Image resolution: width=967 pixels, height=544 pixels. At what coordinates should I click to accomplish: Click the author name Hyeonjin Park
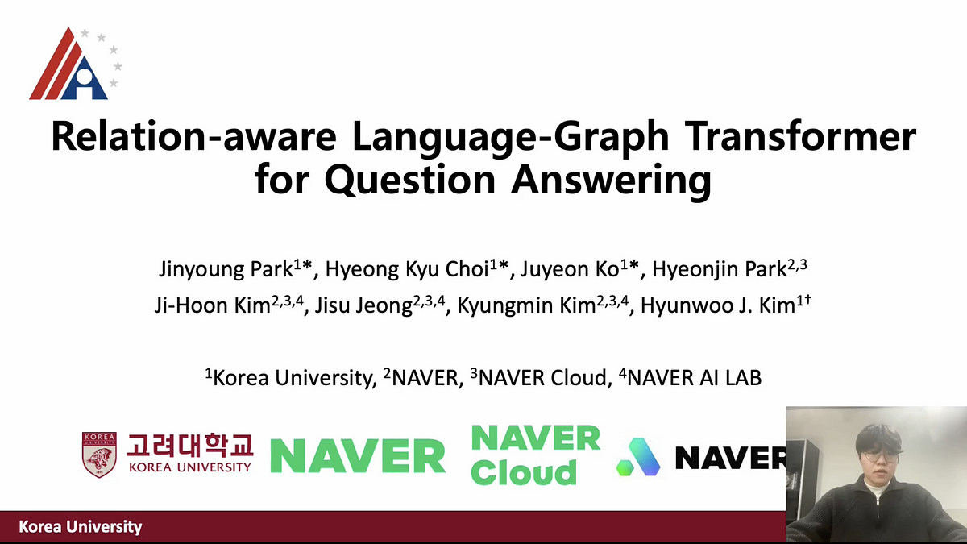point(717,270)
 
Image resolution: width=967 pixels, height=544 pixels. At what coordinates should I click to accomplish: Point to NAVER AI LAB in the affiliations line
point(693,376)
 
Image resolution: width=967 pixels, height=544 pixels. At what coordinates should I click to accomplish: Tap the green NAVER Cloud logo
point(535,455)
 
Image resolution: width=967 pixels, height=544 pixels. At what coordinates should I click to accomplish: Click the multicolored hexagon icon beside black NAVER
point(638,457)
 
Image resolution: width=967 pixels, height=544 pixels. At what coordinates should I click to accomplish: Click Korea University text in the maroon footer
point(81,527)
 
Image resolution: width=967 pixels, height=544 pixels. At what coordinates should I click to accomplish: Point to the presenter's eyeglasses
point(874,455)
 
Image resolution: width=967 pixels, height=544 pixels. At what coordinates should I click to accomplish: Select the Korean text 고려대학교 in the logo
point(190,445)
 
